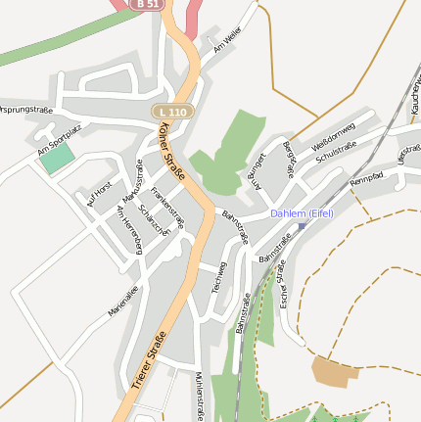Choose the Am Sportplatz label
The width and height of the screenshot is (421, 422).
coord(56,144)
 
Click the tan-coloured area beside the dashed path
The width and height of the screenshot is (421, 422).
coord(330,371)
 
